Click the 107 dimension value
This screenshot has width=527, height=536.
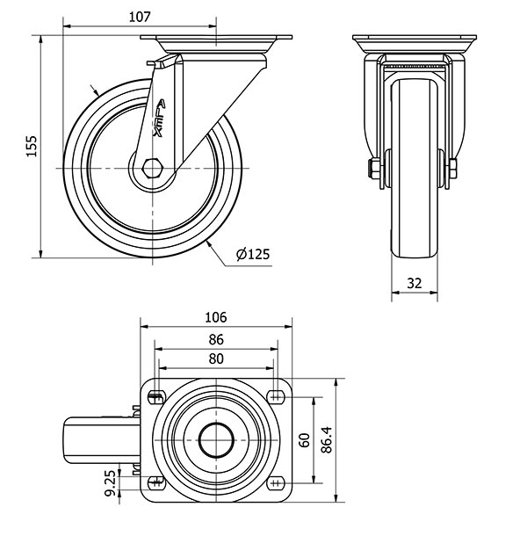coord(140,17)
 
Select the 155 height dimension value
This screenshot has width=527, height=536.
coord(32,147)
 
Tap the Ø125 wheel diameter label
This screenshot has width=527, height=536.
coord(253,254)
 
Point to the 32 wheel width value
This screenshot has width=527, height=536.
coord(415,283)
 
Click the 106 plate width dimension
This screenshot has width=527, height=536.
coord(216,317)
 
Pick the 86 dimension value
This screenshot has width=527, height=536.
coord(216,339)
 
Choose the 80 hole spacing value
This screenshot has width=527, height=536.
coord(216,359)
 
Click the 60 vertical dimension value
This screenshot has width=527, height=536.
coord(304,440)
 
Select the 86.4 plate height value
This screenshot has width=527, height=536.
coord(327,439)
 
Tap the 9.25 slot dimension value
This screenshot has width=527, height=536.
coord(110,482)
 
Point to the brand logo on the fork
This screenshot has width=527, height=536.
coord(160,119)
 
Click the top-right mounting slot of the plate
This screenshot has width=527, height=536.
coord(276,397)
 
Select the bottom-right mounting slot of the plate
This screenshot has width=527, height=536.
coord(276,483)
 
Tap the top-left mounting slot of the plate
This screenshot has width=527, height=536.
coord(156,397)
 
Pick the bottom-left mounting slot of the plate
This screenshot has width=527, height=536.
coord(156,483)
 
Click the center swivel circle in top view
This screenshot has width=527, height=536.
coord(216,440)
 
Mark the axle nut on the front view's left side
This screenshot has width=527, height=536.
coord(373,168)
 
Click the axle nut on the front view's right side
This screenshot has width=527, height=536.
coord(453,168)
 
